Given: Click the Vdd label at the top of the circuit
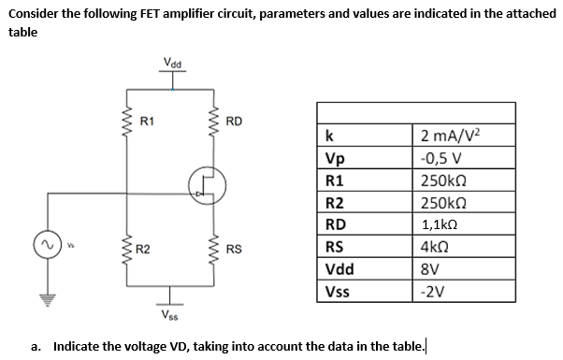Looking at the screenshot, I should (x=173, y=64).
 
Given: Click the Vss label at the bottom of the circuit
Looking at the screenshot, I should (x=170, y=313).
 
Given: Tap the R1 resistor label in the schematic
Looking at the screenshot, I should (x=147, y=121).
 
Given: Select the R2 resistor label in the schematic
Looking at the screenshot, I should (x=143, y=249).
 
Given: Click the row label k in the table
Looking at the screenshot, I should (x=326, y=136).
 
